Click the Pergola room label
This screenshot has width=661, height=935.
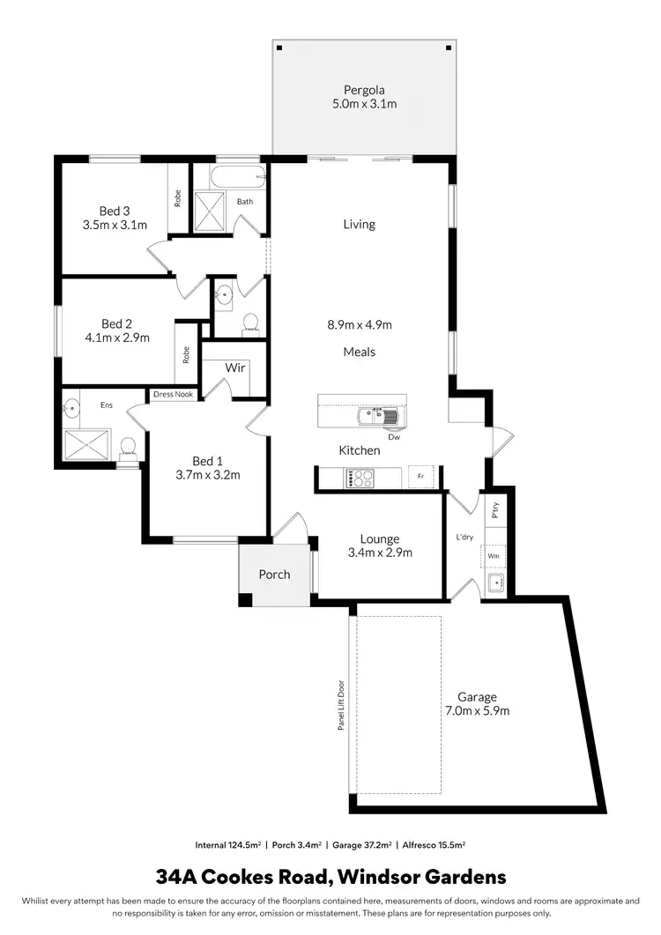click(x=364, y=89)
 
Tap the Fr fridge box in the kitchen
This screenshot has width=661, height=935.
click(x=421, y=478)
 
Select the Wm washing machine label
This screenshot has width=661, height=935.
click(x=494, y=557)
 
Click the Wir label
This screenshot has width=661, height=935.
click(x=234, y=367)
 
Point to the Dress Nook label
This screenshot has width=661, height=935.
click(x=173, y=395)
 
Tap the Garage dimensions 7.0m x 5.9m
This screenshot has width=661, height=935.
click(x=477, y=710)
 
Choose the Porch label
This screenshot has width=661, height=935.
click(x=274, y=575)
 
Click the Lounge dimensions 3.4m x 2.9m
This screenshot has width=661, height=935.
click(x=380, y=553)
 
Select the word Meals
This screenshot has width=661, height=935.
click(x=359, y=352)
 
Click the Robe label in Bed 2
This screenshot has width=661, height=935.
click(x=186, y=354)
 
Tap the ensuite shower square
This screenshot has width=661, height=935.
click(x=86, y=446)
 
